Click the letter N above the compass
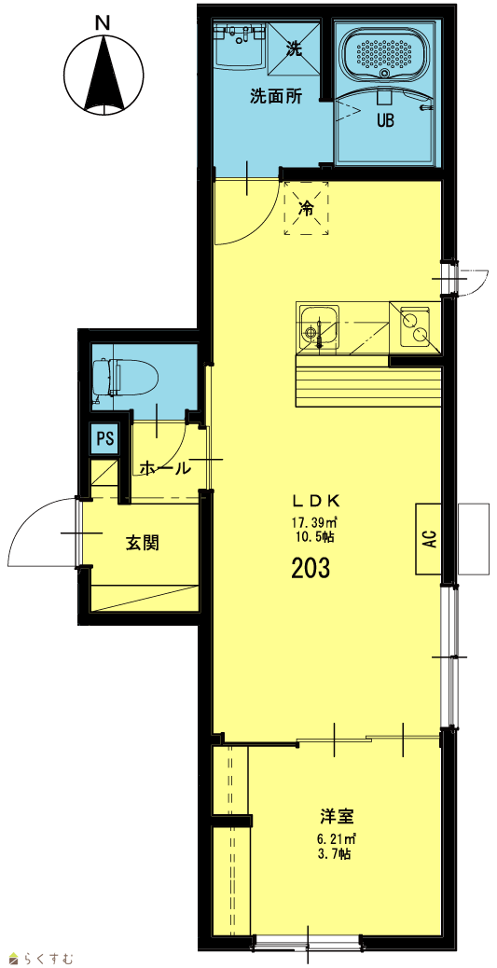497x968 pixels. click(x=104, y=22)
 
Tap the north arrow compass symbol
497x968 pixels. click(x=104, y=74)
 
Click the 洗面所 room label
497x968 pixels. click(x=276, y=96)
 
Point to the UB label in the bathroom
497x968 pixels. click(x=385, y=121)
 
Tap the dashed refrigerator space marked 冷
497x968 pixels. click(x=306, y=208)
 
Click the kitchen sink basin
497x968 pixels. click(x=318, y=327)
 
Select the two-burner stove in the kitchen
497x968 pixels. click(x=414, y=327)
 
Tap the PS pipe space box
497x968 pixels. click(x=106, y=439)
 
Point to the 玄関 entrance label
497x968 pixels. click(x=144, y=544)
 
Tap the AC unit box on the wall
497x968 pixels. click(x=430, y=539)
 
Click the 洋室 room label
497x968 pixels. click(x=338, y=816)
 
